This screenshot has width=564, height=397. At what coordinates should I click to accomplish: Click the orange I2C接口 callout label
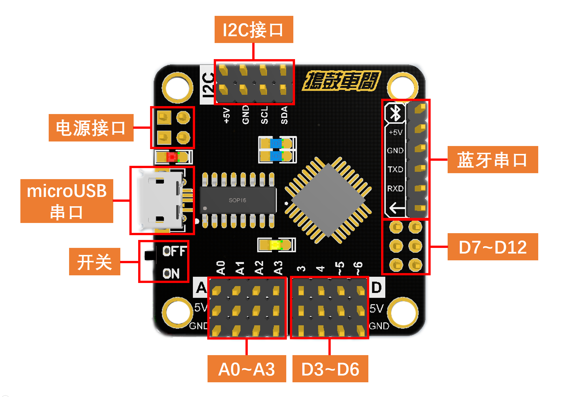pyautogui.click(x=254, y=29)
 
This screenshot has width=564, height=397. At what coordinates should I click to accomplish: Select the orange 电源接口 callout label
pyautogui.click(x=91, y=128)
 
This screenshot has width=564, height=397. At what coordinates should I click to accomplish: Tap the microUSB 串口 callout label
pyautogui.click(x=67, y=201)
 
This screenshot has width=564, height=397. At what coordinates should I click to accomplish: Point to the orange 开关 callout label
pyautogui.click(x=95, y=261)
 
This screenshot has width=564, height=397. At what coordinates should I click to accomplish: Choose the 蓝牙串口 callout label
pyautogui.click(x=492, y=160)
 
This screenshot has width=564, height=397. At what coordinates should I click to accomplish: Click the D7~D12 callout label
pyautogui.click(x=492, y=247)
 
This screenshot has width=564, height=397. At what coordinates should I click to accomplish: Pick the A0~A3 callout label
pyautogui.click(x=247, y=369)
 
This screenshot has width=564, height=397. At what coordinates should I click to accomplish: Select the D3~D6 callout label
pyautogui.click(x=330, y=369)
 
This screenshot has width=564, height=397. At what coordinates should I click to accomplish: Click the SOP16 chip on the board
pyautogui.click(x=238, y=200)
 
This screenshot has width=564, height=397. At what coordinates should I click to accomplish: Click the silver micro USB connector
pyautogui.click(x=160, y=200)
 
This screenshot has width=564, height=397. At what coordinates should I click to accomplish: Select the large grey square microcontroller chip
pyautogui.click(x=328, y=200)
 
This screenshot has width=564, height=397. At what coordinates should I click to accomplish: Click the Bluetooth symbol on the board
pyautogui.click(x=396, y=113)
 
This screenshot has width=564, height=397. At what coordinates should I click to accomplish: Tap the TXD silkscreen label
pyautogui.click(x=395, y=169)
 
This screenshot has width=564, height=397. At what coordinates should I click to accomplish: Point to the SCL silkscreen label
pyautogui.click(x=264, y=115)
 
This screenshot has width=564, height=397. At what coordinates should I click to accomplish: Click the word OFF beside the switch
pyautogui.click(x=174, y=251)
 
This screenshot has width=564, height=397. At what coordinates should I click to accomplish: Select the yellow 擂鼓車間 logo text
pyautogui.click(x=342, y=81)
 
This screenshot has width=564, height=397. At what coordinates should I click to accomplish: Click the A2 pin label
pyautogui.click(x=259, y=268)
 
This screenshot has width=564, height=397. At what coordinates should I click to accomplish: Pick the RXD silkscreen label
pyautogui.click(x=395, y=188)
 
